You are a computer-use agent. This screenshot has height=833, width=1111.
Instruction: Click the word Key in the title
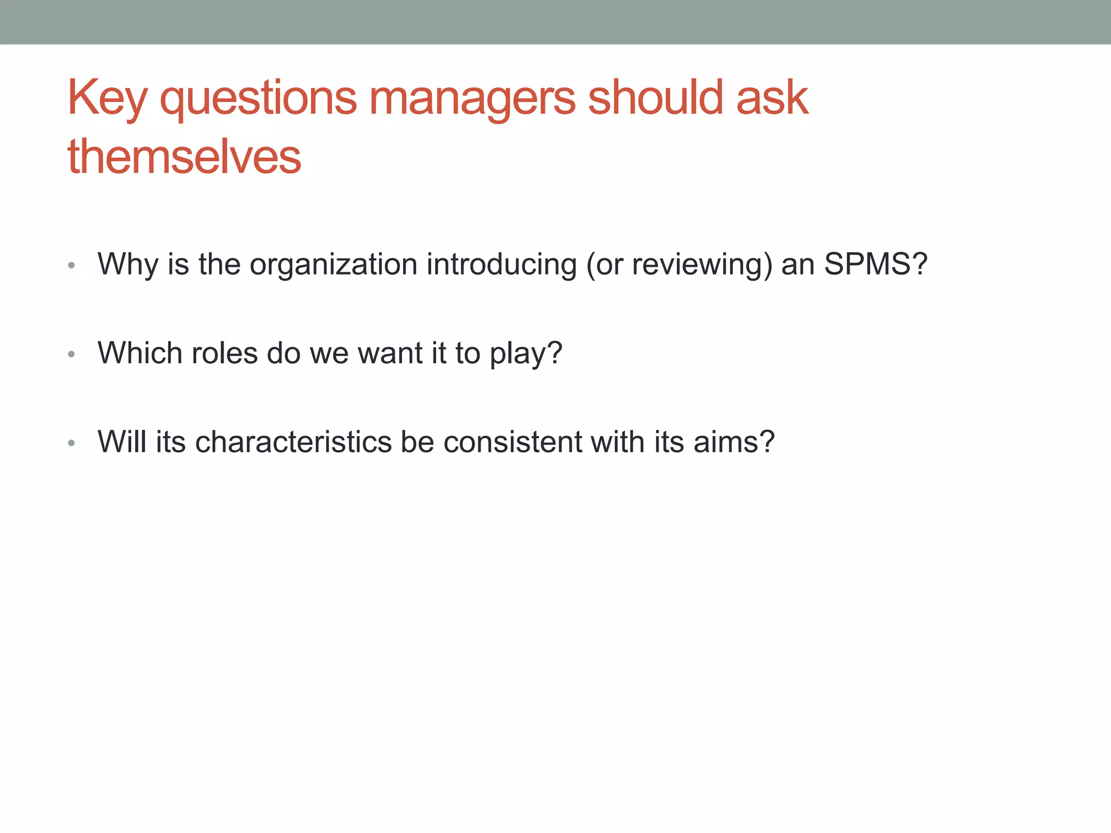[107, 99]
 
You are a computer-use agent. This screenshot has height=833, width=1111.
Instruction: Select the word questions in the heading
[258, 99]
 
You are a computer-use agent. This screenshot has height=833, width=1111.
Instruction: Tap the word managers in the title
[472, 99]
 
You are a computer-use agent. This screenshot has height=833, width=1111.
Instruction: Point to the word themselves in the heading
[184, 157]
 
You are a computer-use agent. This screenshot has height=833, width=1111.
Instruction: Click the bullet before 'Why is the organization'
[71, 266]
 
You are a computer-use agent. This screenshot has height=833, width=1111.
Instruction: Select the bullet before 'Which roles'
[71, 355]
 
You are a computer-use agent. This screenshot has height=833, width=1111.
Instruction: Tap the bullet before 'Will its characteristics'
[71, 444]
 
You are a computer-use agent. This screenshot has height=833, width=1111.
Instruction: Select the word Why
[128, 265]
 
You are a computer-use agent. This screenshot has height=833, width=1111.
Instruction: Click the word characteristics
[293, 442]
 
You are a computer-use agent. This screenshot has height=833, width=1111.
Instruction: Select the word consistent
[512, 442]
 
